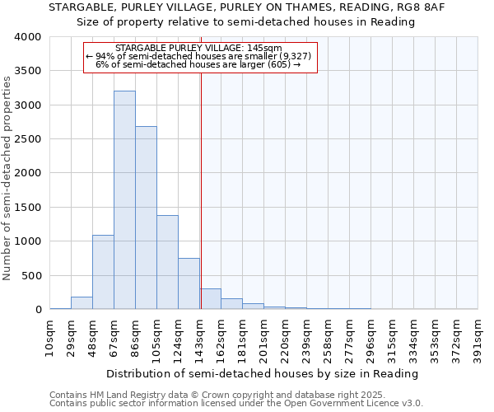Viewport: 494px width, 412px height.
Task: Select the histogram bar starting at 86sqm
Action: click(146, 218)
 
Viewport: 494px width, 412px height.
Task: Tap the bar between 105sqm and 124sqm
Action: click(167, 262)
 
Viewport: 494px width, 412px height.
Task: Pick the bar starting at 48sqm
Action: click(103, 272)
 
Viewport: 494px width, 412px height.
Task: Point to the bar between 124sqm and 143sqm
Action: click(189, 283)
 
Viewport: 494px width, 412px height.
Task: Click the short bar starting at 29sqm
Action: click(82, 302)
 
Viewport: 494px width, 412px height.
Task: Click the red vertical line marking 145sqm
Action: click(201, 190)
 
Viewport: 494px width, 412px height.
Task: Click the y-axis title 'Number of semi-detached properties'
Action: click(7, 177)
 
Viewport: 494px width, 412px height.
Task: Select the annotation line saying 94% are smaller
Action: click(200, 56)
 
